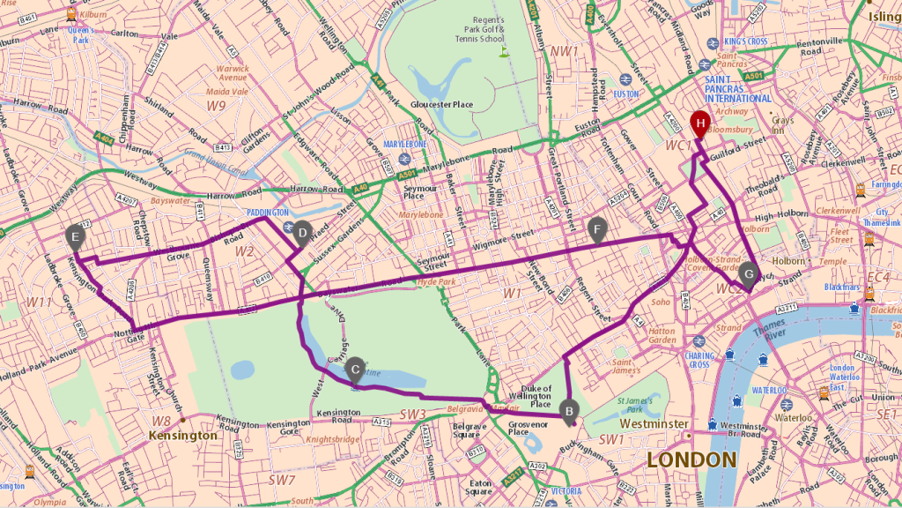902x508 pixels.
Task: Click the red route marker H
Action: [700, 123]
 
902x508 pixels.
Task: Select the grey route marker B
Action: [569, 408]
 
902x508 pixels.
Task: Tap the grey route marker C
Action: [355, 368]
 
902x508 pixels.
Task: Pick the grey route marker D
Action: [303, 233]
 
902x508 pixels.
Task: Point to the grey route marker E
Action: [76, 235]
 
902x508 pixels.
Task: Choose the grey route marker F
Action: [598, 231]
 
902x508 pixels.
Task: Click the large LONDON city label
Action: [691, 459]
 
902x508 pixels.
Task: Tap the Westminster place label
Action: [654, 424]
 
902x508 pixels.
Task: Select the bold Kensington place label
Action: [183, 436]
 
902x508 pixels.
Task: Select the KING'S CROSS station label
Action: [746, 41]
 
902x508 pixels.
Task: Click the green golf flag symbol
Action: [505, 51]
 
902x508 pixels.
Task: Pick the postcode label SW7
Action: [282, 480]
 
